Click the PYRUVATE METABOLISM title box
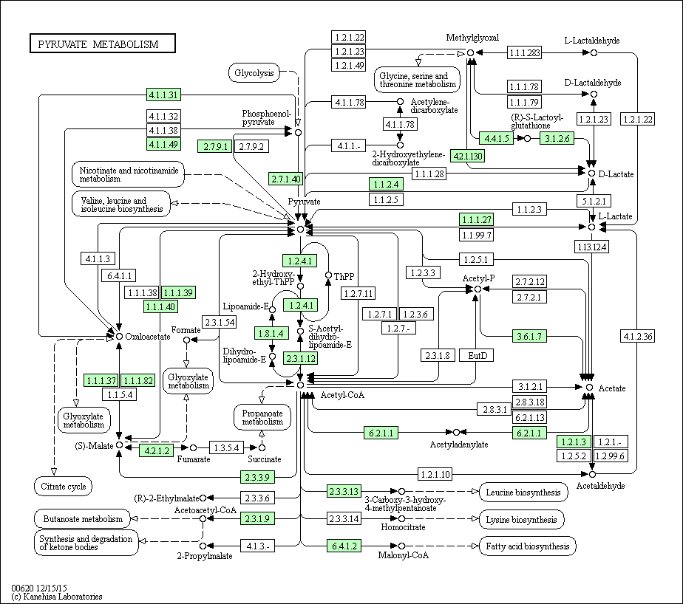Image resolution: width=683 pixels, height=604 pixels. [103, 44]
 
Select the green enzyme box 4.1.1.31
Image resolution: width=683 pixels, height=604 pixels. [163, 95]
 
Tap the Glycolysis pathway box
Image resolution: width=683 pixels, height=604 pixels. [254, 72]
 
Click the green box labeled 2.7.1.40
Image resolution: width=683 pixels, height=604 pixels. [286, 179]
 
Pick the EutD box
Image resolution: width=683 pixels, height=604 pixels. [478, 355]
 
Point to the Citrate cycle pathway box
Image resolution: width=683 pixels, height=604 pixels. [63, 487]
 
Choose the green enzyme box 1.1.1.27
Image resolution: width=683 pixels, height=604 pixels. [477, 220]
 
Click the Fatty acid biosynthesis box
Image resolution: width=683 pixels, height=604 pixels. [528, 546]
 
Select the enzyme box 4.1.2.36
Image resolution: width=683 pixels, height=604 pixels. [638, 336]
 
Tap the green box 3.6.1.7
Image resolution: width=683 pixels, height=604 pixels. [529, 336]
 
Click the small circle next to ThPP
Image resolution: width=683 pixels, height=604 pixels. [328, 275]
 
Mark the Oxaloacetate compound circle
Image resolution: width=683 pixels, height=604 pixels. [119, 337]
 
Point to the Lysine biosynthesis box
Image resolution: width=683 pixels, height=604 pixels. [521, 520]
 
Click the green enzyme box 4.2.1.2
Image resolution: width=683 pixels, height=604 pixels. [157, 450]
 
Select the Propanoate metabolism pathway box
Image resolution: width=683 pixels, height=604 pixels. [262, 417]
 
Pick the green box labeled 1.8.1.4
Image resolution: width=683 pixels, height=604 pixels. [271, 333]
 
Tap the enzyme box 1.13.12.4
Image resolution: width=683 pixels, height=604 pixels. [591, 247]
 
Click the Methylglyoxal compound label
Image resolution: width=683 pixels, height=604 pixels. [472, 38]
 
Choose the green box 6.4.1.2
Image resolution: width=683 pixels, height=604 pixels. [344, 546]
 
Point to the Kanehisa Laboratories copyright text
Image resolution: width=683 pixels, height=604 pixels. [57, 597]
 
